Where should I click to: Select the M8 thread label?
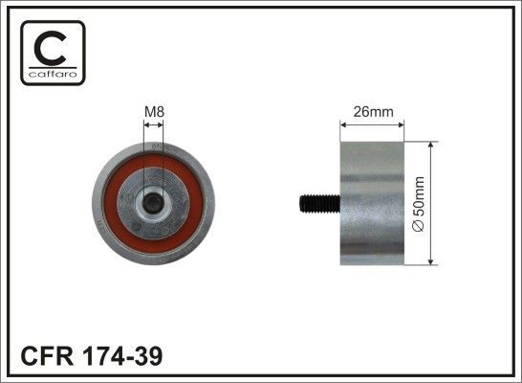tap(152, 112)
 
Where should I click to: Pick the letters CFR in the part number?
tap(44, 356)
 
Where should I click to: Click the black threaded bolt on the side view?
tap(313, 202)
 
